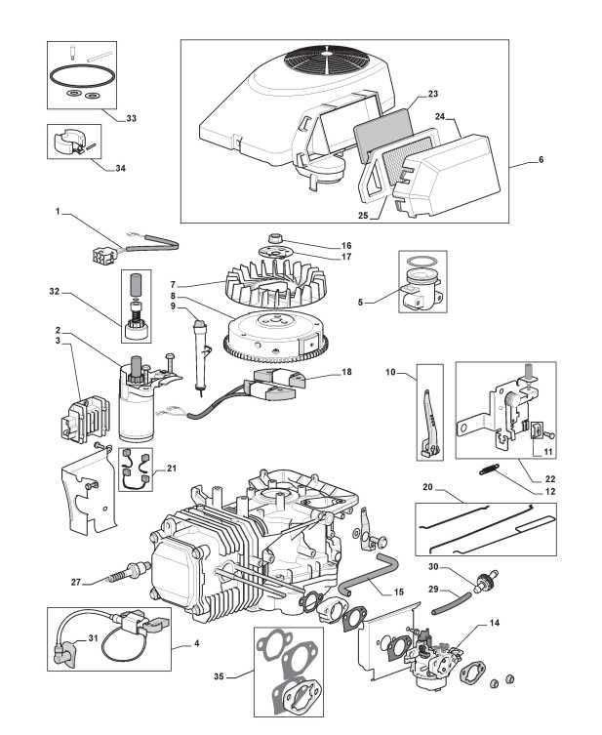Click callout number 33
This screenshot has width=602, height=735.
click(x=131, y=118)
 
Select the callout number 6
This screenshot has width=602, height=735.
click(x=542, y=160)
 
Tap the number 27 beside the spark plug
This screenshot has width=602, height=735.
click(x=76, y=582)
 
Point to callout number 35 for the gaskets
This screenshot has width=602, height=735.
click(x=219, y=676)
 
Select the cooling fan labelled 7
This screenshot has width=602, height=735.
click(x=275, y=282)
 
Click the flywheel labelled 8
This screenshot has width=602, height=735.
click(x=275, y=335)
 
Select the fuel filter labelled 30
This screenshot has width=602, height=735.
click(x=485, y=581)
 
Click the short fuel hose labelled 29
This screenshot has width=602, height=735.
click(x=451, y=604)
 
